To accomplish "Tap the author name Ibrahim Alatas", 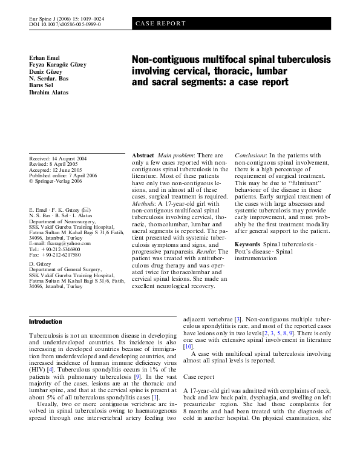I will click(48, 93).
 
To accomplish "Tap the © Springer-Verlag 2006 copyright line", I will click(56, 180).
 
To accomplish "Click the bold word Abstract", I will click(142, 156).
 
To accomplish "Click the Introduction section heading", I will click(45, 321).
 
